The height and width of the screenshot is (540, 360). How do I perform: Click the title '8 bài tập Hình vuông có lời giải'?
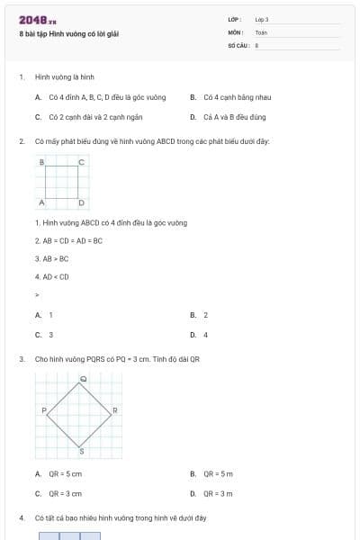[x=68, y=33]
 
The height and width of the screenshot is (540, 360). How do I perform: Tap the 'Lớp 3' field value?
[x=262, y=19]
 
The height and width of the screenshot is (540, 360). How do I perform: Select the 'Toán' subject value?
[x=261, y=31]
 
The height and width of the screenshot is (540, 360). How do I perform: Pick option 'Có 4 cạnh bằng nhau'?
[x=237, y=97]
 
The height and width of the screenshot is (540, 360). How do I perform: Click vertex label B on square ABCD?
[x=41, y=162]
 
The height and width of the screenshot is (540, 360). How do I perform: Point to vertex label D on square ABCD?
[x=82, y=202]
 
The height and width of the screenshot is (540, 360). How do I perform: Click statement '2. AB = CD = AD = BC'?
[x=69, y=240]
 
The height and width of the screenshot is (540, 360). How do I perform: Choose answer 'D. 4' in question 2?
[x=204, y=335]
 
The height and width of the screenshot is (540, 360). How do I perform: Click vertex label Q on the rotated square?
[x=83, y=379]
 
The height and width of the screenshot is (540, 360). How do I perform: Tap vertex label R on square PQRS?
[x=116, y=410]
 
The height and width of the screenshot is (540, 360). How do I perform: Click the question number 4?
[x=21, y=518]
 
